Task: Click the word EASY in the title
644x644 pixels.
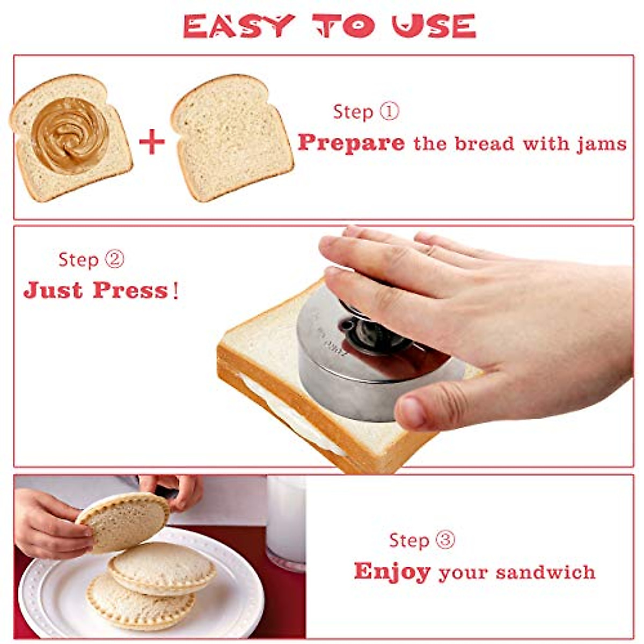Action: point(239,26)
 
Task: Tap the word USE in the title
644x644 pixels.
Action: point(434,26)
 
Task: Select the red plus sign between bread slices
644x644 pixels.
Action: point(152,142)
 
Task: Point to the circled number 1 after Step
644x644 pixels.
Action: point(390,112)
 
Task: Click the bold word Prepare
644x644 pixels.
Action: point(351,143)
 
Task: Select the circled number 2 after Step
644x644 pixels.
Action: point(114,260)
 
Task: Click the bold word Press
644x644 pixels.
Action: point(130,290)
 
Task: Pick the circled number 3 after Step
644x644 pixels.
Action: point(445,540)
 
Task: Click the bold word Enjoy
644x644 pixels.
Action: point(392,572)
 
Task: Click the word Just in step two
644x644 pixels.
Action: point(53,290)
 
